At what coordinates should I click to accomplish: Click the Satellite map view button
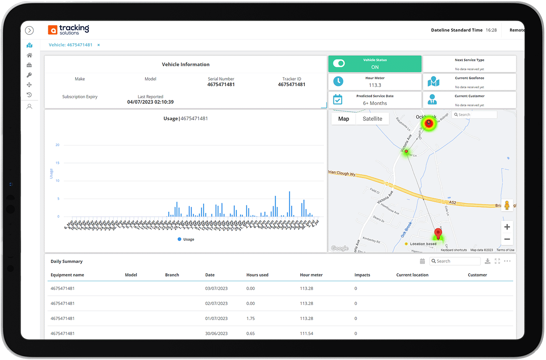click(372, 119)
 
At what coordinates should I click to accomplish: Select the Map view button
click(344, 119)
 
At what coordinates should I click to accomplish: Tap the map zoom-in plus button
click(507, 227)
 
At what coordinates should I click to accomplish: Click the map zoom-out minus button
click(507, 239)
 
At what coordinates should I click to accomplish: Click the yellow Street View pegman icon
click(507, 205)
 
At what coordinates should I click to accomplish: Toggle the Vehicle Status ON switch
click(339, 63)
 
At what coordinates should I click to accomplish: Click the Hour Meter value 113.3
click(375, 85)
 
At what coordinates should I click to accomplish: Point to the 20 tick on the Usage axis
click(58, 145)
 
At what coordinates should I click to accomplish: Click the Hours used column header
click(257, 275)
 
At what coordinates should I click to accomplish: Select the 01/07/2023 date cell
click(216, 318)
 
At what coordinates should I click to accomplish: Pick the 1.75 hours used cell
click(250, 318)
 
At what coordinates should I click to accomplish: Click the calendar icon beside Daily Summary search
click(422, 261)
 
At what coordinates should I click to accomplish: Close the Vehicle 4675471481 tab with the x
click(99, 45)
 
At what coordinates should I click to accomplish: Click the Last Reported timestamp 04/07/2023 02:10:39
click(150, 102)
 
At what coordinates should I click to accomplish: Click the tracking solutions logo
click(68, 29)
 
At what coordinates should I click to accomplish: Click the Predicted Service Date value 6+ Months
click(375, 103)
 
